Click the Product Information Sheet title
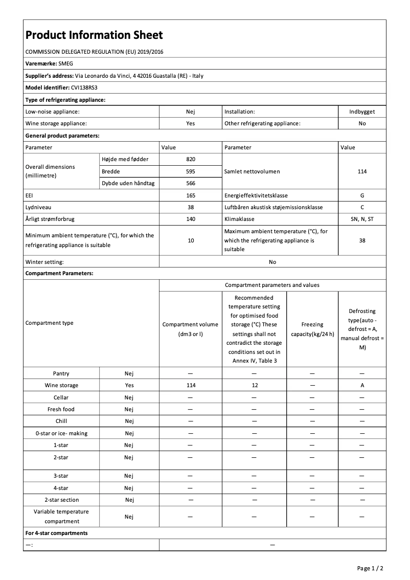(94, 35)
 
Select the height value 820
(191, 160)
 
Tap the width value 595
(191, 171)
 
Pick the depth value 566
(191, 183)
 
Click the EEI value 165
(191, 195)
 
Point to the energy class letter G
(362, 195)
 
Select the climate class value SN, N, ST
(362, 219)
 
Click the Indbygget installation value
(362, 111)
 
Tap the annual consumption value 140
(191, 219)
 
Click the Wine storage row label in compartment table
(61, 386)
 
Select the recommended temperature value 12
(254, 386)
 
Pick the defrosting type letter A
(362, 386)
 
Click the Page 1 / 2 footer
(370, 568)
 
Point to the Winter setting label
(44, 262)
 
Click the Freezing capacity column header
(312, 329)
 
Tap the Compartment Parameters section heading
(59, 274)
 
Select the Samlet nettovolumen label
(252, 171)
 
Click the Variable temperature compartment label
(61, 517)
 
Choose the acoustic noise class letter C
(362, 207)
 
